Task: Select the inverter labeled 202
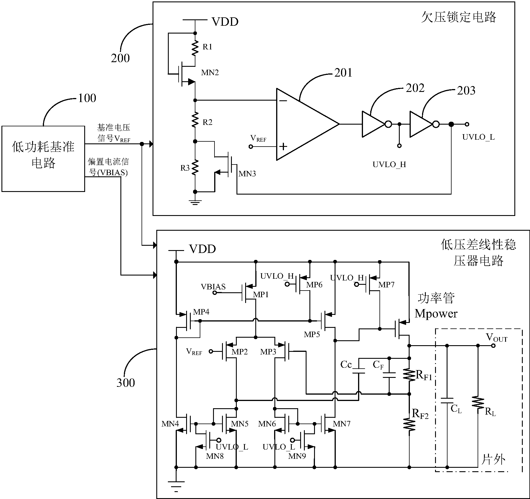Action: tap(373, 124)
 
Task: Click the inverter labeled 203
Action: tap(421, 124)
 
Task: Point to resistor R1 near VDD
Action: tap(195, 48)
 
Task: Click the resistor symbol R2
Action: tap(195, 120)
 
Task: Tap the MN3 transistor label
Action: tap(247, 174)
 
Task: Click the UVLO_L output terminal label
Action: tap(478, 137)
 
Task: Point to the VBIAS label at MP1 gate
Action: tap(213, 287)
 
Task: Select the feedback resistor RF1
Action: tap(409, 375)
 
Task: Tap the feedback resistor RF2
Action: tap(409, 425)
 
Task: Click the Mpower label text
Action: tap(436, 314)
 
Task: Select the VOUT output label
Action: tap(496, 337)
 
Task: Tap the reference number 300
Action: tap(126, 382)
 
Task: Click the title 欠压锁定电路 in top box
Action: tap(459, 17)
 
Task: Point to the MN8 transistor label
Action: tap(214, 456)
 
